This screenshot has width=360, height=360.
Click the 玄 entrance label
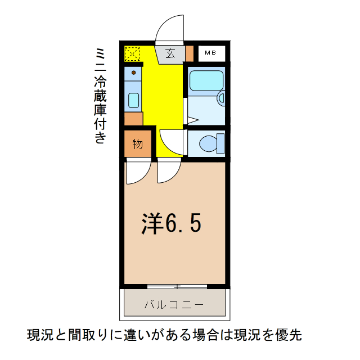coord(169,53)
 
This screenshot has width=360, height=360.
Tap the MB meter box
coord(211,53)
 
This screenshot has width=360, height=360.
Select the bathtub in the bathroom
coord(205,80)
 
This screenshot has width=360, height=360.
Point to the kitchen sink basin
coord(134,100)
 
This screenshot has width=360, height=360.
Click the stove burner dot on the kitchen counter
coord(134,73)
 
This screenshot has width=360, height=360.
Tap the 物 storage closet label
coord(138,144)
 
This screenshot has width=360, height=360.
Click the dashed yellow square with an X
coord(133,54)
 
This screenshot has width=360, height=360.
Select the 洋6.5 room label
coord(170,224)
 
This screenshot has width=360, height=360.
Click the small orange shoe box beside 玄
coord(189,53)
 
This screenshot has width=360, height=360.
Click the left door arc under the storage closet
coord(137,172)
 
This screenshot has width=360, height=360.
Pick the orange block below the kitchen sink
coord(133,119)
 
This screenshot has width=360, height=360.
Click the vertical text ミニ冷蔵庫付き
coord(100,96)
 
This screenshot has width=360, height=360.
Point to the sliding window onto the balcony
coord(177,286)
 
